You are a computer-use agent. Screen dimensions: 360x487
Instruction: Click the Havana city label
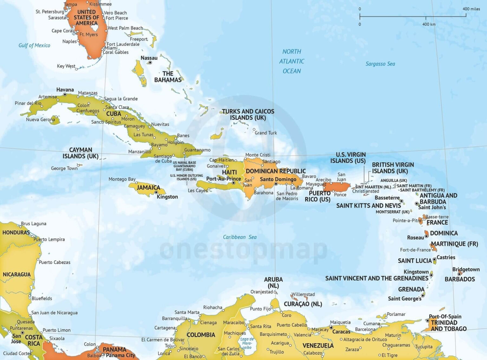(65, 90)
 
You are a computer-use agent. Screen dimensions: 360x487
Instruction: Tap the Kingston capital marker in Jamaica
(156, 192)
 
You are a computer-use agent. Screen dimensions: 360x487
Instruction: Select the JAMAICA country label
(148, 187)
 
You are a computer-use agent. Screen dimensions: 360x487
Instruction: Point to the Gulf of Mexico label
(34, 45)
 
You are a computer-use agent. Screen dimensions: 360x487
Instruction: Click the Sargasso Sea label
(380, 64)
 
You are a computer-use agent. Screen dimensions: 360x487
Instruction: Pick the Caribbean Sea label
(240, 237)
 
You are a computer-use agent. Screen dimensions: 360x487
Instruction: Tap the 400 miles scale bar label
(471, 9)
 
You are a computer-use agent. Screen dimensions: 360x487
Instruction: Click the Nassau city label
(149, 58)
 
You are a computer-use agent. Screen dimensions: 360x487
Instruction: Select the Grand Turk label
(266, 133)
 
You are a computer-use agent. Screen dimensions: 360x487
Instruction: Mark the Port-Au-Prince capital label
(224, 179)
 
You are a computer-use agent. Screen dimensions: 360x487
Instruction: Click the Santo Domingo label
(278, 179)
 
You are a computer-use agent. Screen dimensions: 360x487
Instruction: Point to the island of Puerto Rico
(338, 187)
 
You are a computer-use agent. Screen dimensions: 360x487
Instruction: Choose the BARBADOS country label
(459, 279)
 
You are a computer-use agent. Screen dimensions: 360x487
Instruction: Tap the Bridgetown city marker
(459, 274)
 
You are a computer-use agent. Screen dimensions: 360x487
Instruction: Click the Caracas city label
(341, 332)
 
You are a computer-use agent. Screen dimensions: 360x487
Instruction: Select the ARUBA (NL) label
(273, 282)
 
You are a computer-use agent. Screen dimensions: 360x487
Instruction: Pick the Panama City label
(120, 355)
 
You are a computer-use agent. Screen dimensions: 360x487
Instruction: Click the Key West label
(66, 66)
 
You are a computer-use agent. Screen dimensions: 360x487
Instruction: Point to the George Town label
(64, 168)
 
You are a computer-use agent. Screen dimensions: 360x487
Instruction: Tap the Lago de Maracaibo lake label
(247, 343)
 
